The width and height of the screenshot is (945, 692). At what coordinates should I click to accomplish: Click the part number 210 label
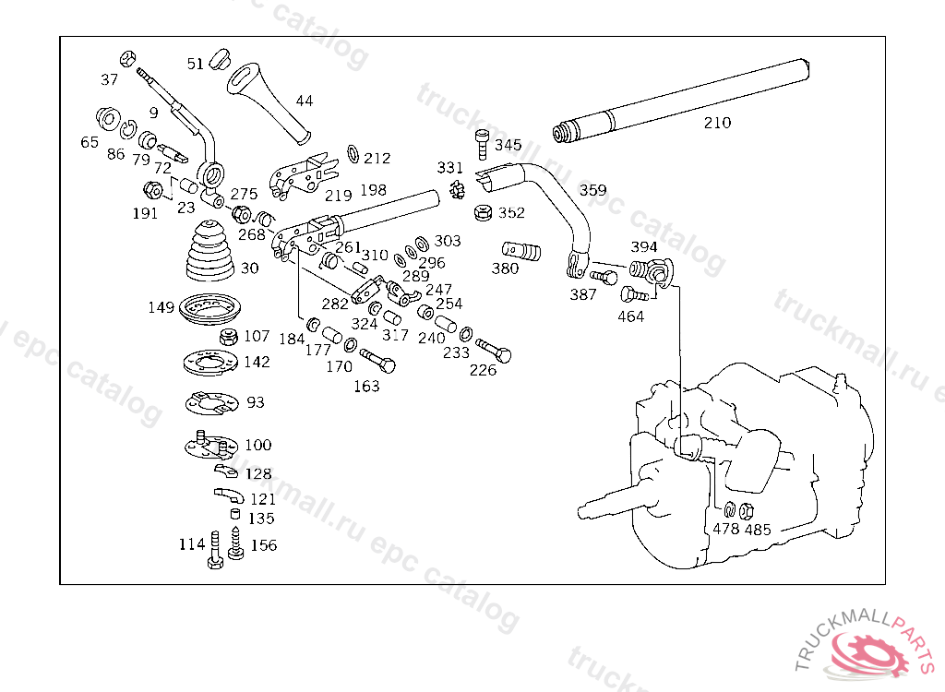717,123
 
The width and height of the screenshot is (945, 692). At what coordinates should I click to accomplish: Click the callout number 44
305,101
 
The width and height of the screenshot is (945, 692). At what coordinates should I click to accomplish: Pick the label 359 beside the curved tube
593,191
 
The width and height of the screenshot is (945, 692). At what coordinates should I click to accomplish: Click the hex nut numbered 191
154,192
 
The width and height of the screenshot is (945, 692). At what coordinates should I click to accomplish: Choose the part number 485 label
758,531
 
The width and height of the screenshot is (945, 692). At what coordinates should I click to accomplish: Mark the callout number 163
366,387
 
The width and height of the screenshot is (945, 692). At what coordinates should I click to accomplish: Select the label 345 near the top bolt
508,146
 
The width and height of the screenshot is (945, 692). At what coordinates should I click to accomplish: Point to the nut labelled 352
482,213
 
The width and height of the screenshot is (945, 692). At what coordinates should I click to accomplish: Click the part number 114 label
192,544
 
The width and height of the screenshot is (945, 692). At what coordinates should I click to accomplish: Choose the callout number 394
644,247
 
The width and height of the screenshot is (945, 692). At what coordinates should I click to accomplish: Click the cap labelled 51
219,58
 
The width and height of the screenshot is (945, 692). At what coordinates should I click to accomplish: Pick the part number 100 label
258,445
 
